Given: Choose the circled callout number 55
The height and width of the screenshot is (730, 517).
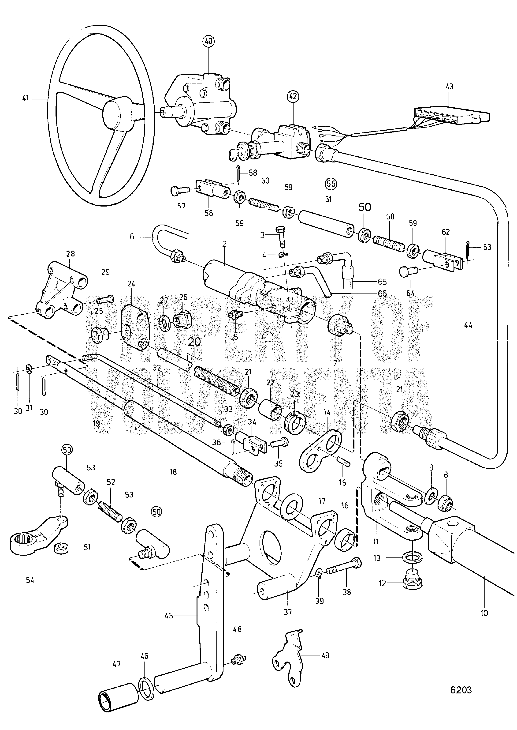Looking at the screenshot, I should (x=331, y=184).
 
